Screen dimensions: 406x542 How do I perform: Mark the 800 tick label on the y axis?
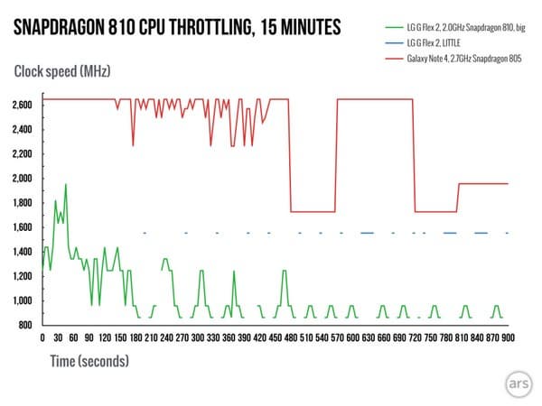24,325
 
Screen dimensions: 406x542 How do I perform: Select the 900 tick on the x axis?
508,338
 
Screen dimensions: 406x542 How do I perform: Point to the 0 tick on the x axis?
42,338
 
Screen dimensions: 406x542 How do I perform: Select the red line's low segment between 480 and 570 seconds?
313,212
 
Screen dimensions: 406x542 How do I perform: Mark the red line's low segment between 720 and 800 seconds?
435,212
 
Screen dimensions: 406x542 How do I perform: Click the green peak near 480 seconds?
285,271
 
